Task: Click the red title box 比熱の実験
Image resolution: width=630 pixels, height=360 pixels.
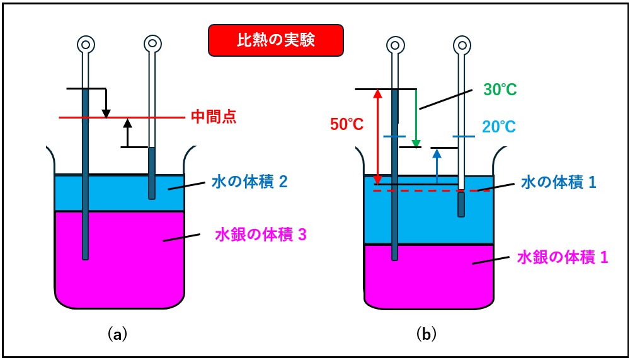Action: coord(276,40)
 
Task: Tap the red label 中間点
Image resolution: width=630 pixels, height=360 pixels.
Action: coord(213,117)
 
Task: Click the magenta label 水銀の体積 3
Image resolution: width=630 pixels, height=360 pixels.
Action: coord(261,235)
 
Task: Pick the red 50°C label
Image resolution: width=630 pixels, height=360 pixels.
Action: coord(346,125)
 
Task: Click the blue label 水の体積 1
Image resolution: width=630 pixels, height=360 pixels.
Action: coord(559,183)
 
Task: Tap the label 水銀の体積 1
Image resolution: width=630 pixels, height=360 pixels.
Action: coord(562,256)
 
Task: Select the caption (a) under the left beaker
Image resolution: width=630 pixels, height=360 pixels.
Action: coord(117,334)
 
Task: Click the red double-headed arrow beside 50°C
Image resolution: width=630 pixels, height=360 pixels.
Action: coord(377,137)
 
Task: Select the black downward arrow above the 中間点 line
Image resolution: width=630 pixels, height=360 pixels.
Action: coord(106,103)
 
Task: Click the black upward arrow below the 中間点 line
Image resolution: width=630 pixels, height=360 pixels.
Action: coord(127,132)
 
